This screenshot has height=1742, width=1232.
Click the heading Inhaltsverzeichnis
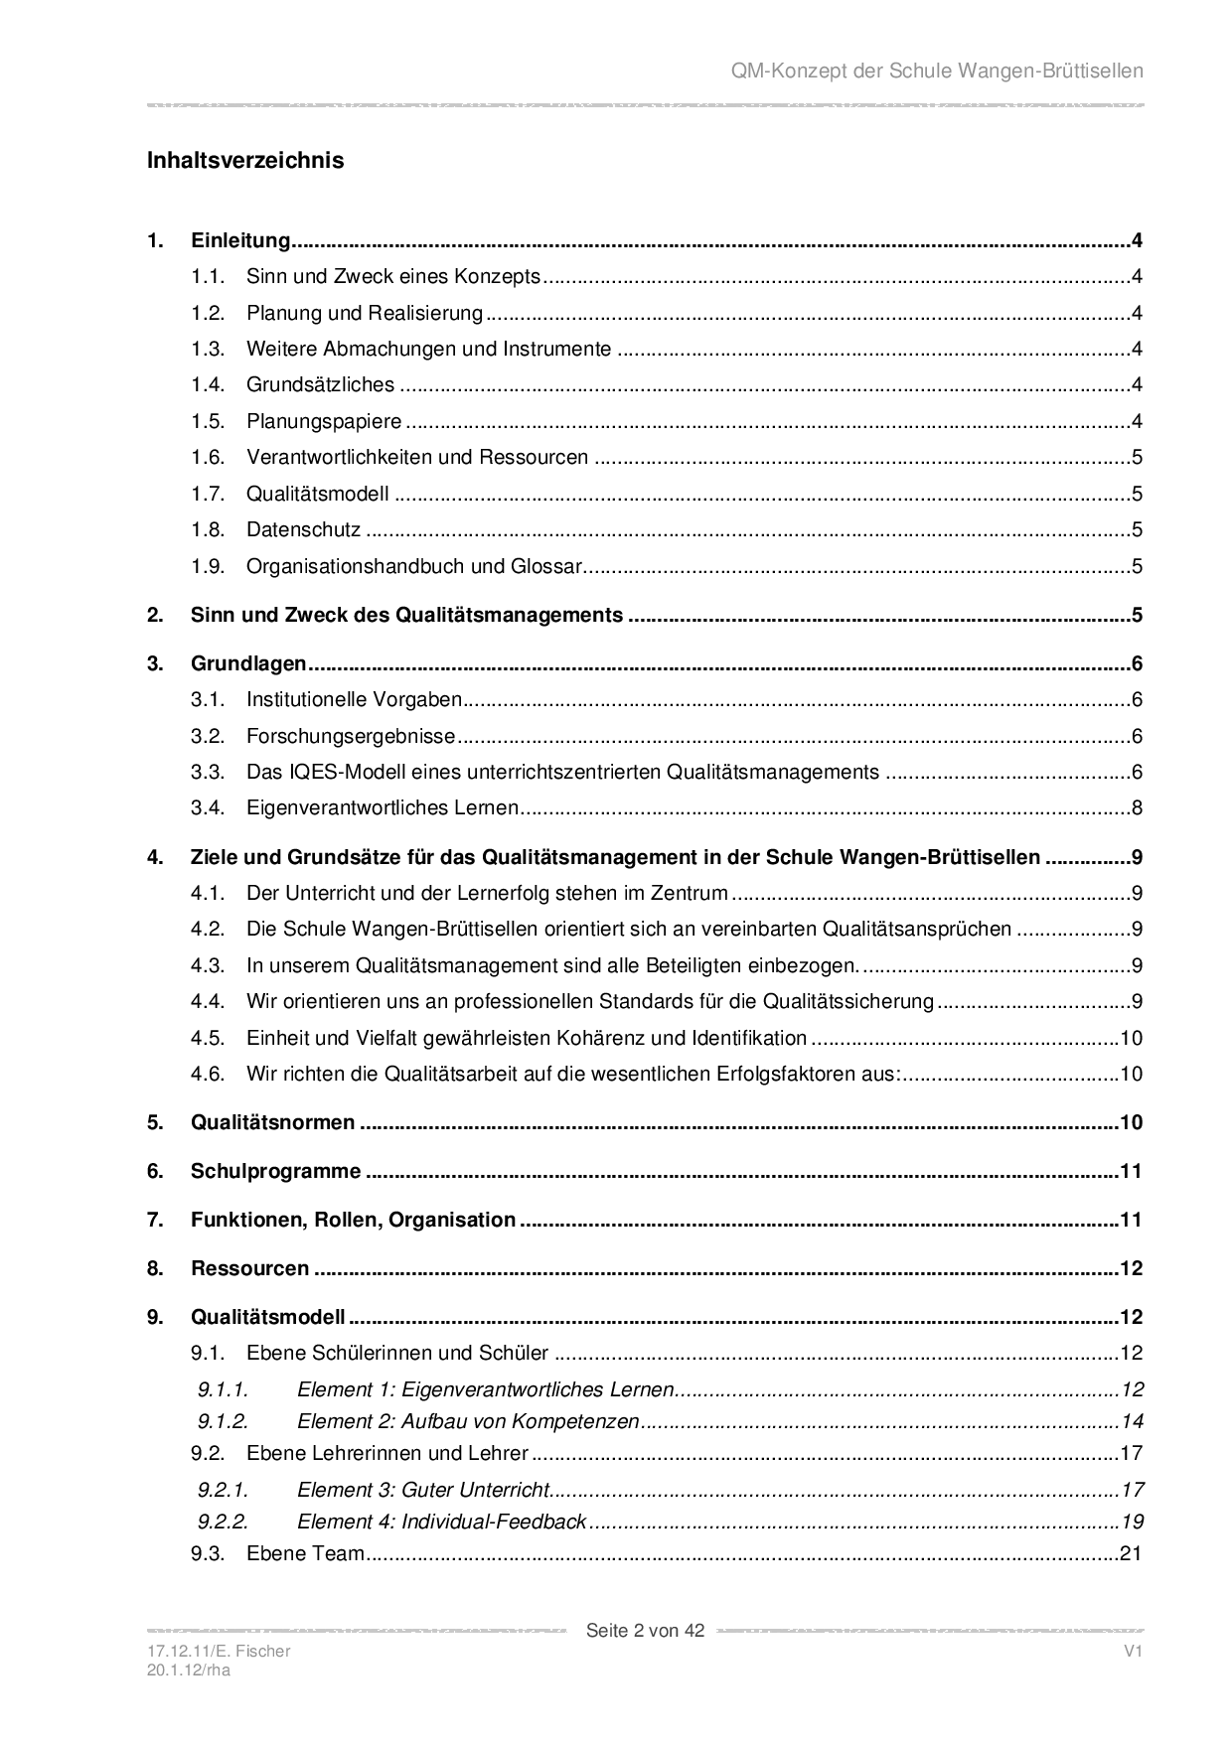click(245, 160)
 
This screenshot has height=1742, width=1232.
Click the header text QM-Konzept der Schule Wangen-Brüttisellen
click(937, 71)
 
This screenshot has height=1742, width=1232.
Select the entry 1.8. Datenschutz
click(303, 530)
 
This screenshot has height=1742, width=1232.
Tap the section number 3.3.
click(209, 772)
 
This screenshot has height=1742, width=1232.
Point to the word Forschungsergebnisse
click(351, 736)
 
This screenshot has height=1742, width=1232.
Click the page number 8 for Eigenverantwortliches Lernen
click(1137, 808)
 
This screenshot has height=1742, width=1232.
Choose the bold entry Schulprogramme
click(275, 1171)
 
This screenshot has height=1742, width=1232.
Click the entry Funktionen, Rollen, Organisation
click(353, 1220)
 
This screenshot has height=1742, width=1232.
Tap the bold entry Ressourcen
click(249, 1268)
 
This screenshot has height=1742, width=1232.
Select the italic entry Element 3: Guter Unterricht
click(423, 1490)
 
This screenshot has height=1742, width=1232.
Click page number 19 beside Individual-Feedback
click(1132, 1522)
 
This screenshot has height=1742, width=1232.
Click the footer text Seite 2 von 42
click(645, 1630)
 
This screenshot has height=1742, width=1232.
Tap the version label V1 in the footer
click(1134, 1651)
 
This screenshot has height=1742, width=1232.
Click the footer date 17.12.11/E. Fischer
click(219, 1651)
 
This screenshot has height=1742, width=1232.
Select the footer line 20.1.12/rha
click(188, 1669)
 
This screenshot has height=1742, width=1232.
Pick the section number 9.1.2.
click(223, 1421)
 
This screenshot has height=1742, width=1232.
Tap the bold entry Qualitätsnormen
click(272, 1122)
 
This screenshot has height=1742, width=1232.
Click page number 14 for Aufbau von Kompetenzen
click(1132, 1421)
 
